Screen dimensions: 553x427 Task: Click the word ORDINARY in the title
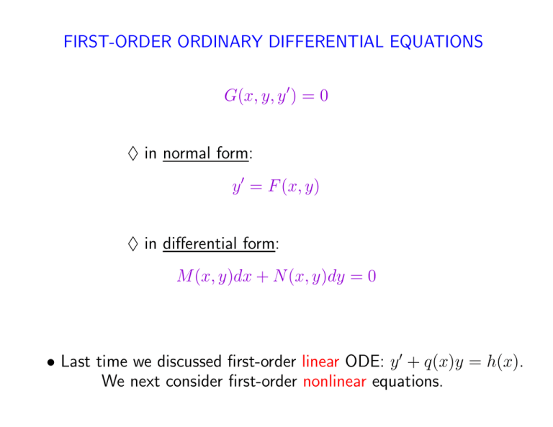[220, 42]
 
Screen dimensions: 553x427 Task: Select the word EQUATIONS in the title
[436, 42]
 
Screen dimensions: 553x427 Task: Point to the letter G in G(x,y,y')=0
[230, 96]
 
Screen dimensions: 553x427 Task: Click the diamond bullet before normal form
[133, 153]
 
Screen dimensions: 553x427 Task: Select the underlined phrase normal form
[206, 153]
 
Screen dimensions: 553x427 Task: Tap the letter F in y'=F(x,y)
[274, 186]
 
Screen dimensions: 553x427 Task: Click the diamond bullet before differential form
[133, 243]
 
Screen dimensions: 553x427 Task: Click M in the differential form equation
[185, 276]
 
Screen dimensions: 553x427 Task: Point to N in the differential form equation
[280, 276]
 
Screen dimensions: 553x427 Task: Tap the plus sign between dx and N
[262, 277]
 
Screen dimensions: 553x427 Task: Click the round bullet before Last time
[51, 362]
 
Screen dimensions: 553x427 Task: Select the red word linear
[320, 361]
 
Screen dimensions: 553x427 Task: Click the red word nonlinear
[334, 382]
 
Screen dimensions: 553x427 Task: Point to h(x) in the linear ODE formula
[503, 362]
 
